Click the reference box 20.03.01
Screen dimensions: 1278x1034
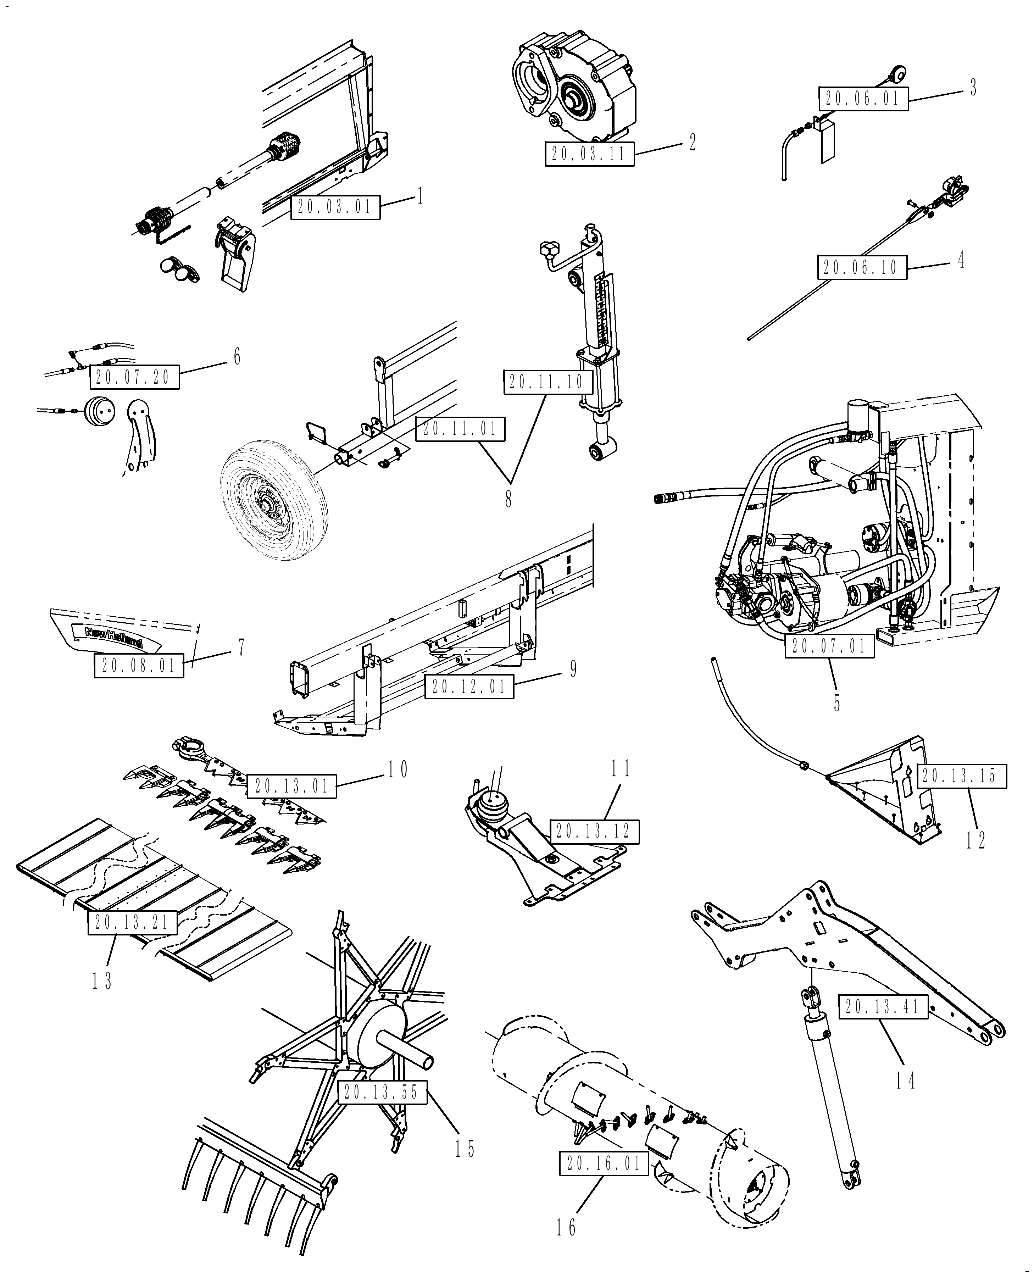(x=335, y=207)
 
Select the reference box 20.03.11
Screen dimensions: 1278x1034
(x=589, y=154)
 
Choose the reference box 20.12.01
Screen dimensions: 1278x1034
(x=469, y=686)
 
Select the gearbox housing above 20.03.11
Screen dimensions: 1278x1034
(x=575, y=87)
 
